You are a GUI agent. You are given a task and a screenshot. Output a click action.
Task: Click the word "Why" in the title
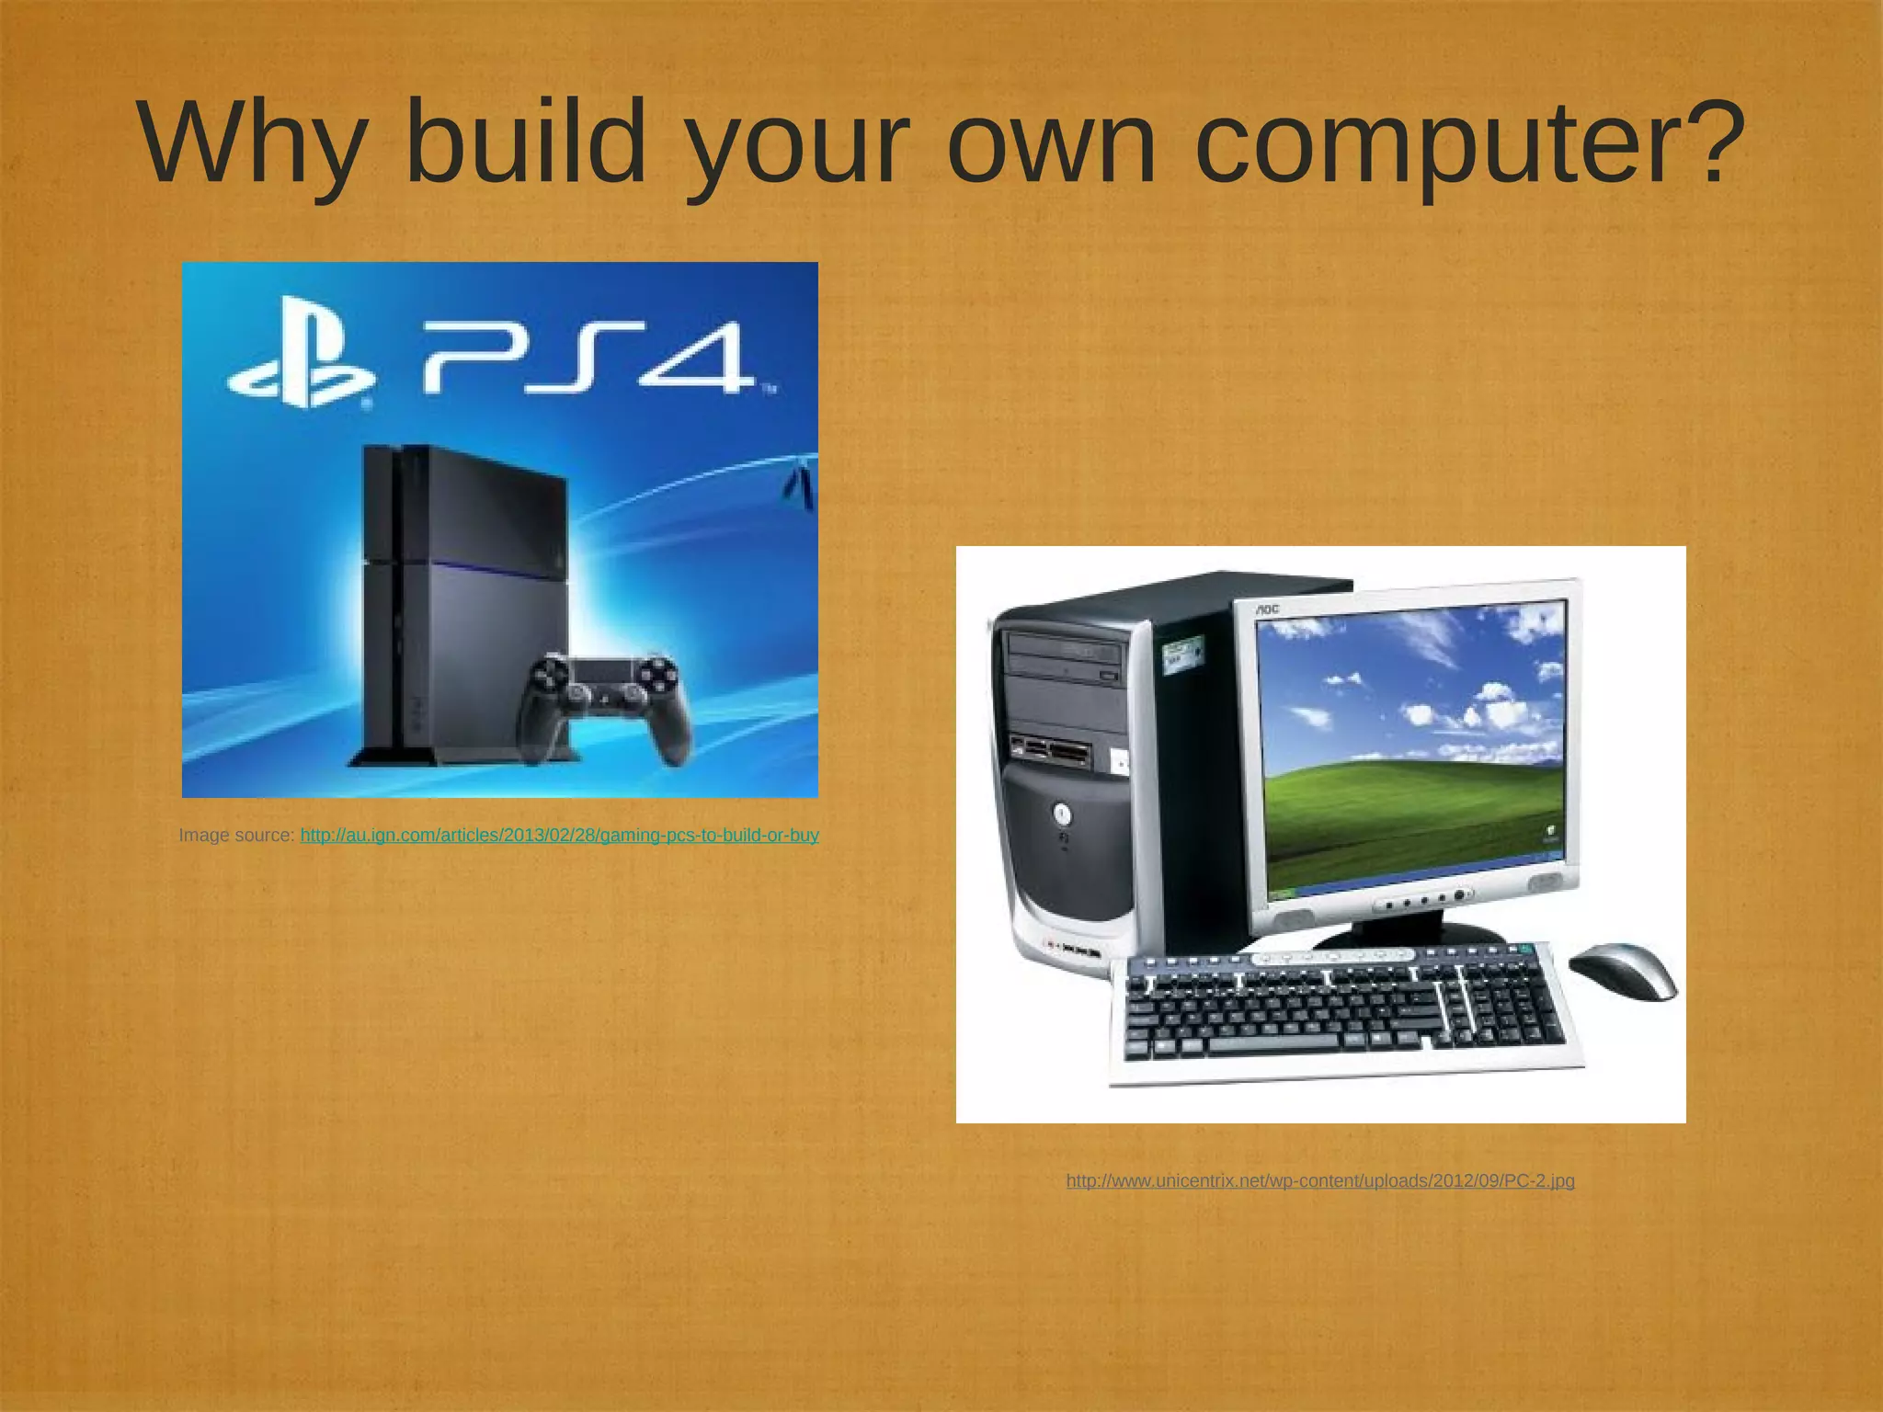(x=250, y=145)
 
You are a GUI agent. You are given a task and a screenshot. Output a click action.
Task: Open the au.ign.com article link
(x=559, y=836)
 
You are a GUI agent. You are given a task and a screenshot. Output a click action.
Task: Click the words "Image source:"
(x=236, y=836)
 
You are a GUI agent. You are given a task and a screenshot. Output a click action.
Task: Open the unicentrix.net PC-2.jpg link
(x=1320, y=1181)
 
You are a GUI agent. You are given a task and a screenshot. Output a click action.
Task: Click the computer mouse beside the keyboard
(x=1624, y=970)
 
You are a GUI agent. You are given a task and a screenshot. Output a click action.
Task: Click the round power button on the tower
(x=1062, y=814)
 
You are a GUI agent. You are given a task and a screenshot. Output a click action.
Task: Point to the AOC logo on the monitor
(x=1268, y=609)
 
